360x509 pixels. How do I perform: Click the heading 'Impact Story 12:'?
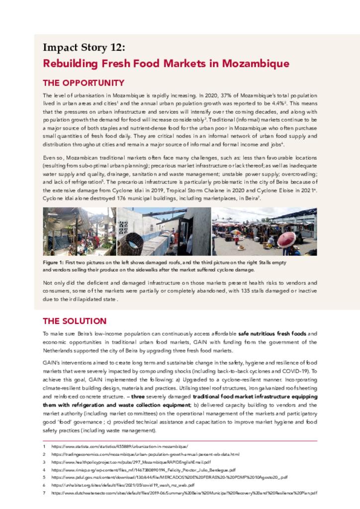click(x=84, y=48)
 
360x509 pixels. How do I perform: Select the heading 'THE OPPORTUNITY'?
click(x=84, y=83)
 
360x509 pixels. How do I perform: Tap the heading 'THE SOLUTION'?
click(x=75, y=321)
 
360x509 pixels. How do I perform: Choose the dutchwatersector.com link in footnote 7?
click(x=184, y=493)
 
